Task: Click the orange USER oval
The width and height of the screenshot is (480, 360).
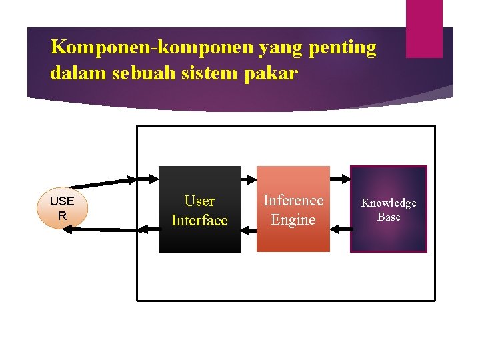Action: pyautogui.click(x=62, y=208)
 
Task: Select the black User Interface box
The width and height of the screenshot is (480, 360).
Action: pyautogui.click(x=199, y=209)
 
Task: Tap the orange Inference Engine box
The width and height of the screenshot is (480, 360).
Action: pyautogui.click(x=293, y=209)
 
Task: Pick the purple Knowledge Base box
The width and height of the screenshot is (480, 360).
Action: pyautogui.click(x=389, y=209)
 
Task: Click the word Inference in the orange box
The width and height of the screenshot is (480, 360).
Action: pyautogui.click(x=293, y=200)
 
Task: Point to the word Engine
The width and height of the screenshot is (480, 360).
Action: pyautogui.click(x=293, y=219)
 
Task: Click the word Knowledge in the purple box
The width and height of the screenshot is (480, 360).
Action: pyautogui.click(x=389, y=203)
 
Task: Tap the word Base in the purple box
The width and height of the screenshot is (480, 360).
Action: pyautogui.click(x=389, y=217)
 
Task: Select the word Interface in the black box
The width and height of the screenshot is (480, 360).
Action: pyautogui.click(x=199, y=220)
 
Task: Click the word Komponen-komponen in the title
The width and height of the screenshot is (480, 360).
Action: pyautogui.click(x=135, y=47)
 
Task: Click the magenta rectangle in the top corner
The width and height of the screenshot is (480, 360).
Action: pyautogui.click(x=424, y=28)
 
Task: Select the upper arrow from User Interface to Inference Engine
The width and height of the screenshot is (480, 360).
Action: pyautogui.click(x=249, y=179)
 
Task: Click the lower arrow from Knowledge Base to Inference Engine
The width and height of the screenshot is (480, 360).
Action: pyautogui.click(x=340, y=229)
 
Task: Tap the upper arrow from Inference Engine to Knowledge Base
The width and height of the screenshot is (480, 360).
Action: pyautogui.click(x=340, y=179)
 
